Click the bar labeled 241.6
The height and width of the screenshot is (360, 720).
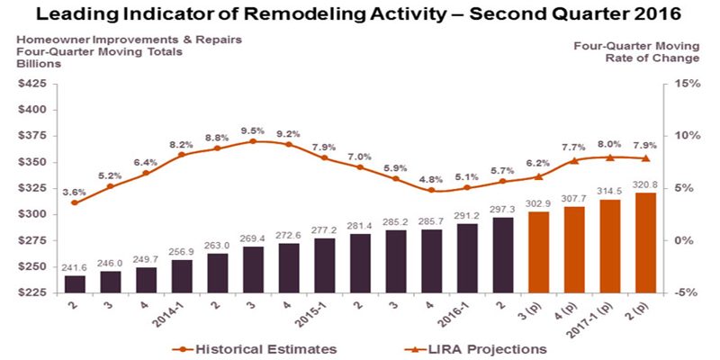[x=76, y=283]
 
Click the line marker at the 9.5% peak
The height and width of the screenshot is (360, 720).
[x=252, y=141]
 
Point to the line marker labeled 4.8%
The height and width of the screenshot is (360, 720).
[x=431, y=190]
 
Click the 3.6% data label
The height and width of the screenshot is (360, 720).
[x=74, y=191]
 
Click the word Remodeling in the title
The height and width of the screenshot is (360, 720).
[x=307, y=15]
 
